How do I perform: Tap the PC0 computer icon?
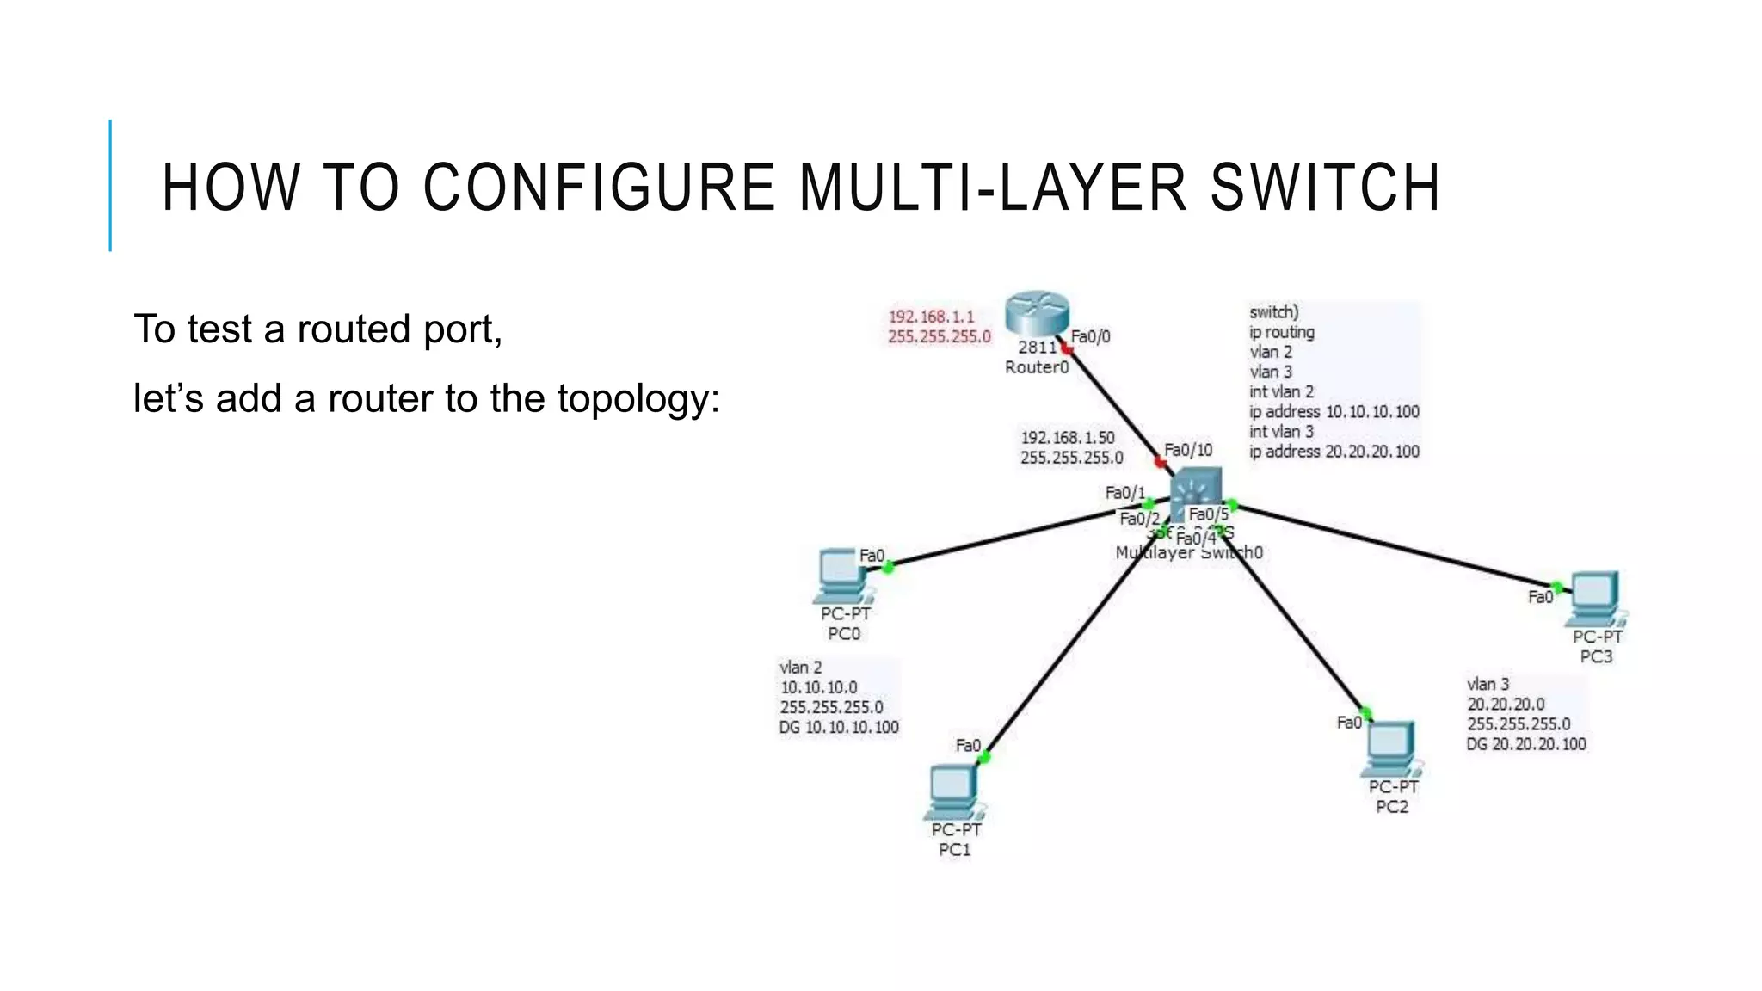click(841, 575)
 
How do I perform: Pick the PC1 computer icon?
click(953, 791)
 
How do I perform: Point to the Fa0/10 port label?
click(1188, 450)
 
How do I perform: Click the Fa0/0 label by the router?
click(1090, 336)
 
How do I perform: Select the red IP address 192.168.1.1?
click(931, 317)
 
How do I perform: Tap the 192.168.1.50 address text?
click(1067, 438)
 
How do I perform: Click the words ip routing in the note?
click(1281, 332)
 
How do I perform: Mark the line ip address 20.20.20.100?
click(1334, 452)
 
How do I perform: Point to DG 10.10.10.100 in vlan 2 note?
click(838, 727)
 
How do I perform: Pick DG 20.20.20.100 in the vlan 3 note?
click(1525, 744)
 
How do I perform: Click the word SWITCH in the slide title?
click(1325, 188)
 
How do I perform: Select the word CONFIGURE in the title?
click(599, 188)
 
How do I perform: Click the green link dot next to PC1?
click(985, 757)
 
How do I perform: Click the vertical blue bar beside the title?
click(110, 185)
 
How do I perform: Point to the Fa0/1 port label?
click(1124, 493)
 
